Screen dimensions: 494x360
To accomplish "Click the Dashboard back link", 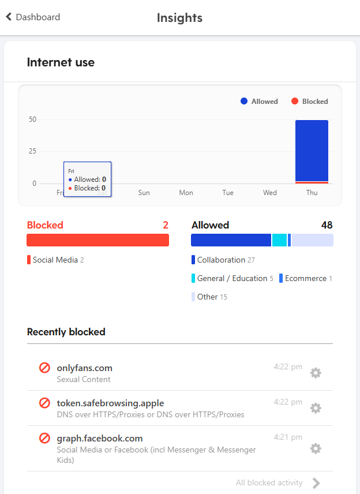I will click(x=33, y=17).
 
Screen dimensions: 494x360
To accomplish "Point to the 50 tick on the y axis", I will click(x=32, y=119).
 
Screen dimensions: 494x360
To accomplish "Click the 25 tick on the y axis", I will click(x=32, y=151).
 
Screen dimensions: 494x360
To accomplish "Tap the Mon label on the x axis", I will click(x=186, y=193).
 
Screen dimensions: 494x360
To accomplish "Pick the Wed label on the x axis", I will click(x=269, y=193).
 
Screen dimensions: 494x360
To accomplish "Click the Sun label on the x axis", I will click(x=144, y=193).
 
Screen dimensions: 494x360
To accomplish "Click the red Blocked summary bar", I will click(x=97, y=240).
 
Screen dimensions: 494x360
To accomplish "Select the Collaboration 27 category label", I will click(x=226, y=260).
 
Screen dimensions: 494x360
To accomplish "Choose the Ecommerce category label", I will click(x=306, y=278).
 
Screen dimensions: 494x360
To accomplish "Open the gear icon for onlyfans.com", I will click(x=316, y=373).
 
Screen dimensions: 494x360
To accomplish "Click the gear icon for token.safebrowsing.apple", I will click(x=316, y=408).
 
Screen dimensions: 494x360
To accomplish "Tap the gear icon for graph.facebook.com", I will click(x=316, y=448).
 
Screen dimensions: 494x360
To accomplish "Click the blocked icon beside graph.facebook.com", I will click(x=44, y=438).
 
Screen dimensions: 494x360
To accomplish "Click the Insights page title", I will click(x=179, y=18).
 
